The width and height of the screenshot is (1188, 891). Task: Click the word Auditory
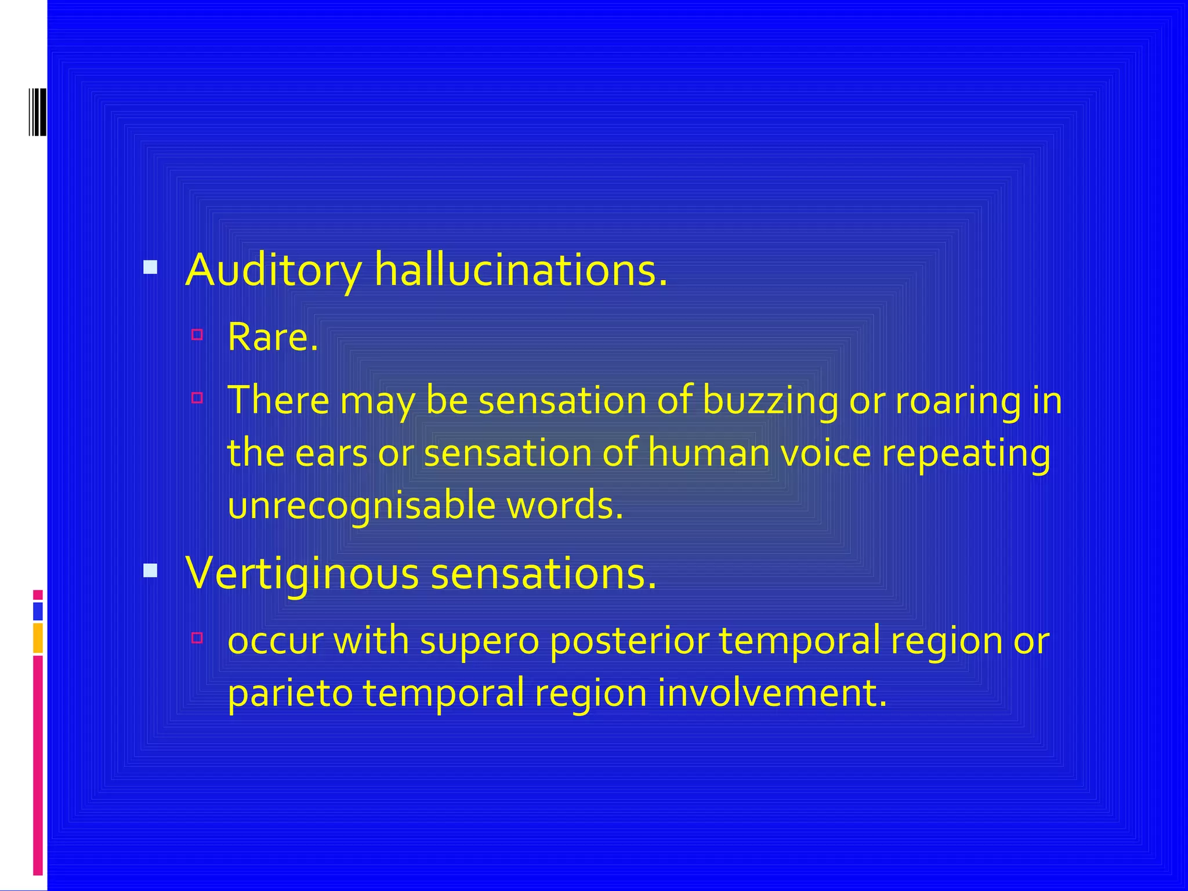273,270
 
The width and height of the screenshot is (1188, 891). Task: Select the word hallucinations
520,270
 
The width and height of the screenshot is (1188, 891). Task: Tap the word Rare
272,337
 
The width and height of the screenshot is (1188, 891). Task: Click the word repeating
966,454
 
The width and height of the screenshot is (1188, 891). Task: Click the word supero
480,641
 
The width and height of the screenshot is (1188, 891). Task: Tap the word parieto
290,693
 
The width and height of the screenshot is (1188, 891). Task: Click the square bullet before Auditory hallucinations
150,267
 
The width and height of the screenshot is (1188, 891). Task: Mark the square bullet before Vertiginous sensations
150,571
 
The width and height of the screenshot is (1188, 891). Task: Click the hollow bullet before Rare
197,335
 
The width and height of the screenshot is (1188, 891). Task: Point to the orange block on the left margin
38,638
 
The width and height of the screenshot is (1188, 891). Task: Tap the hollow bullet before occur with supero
197,638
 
